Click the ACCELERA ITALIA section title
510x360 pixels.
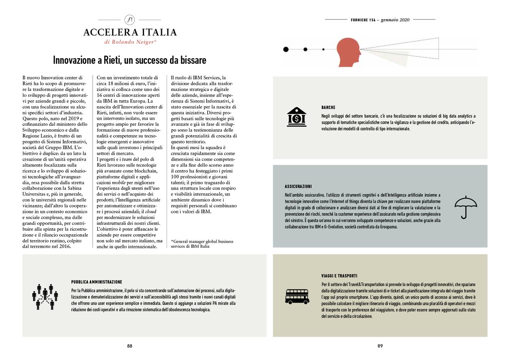pos(130,32)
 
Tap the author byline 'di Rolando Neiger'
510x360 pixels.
pos(130,42)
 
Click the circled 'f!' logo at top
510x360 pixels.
pos(130,20)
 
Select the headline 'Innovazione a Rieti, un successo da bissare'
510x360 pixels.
pos(130,60)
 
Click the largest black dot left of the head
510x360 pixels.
pos(286,49)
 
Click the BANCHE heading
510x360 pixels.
pos(328,108)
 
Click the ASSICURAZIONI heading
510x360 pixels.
pos(298,187)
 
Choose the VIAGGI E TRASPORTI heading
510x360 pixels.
pos(340,276)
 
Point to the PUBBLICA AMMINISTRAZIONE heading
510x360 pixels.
pos(97,282)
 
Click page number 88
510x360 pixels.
pos(130,346)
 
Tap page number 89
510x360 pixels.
pos(380,346)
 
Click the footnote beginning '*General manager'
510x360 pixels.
pos(201,244)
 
